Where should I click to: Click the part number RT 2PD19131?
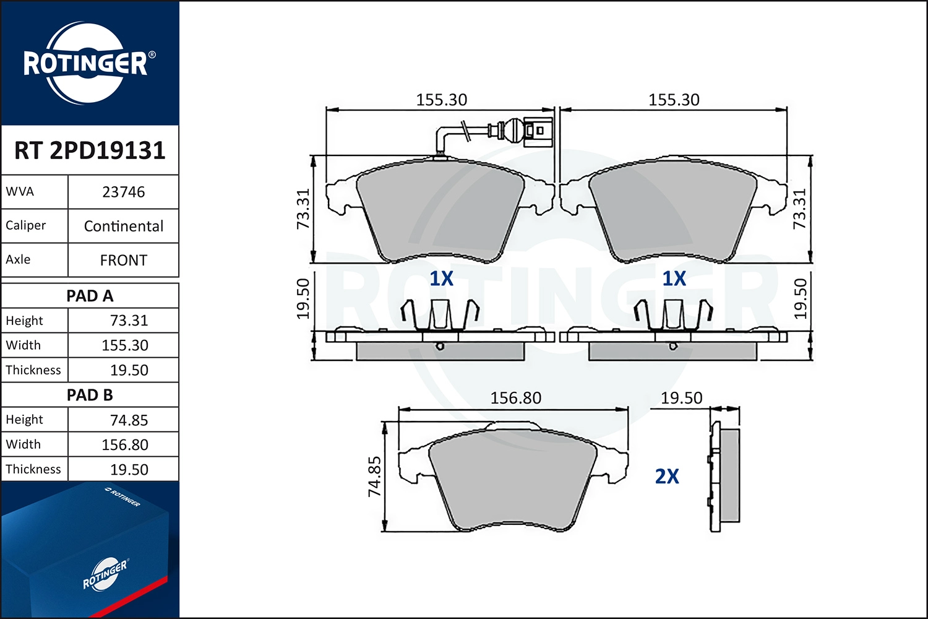(x=90, y=150)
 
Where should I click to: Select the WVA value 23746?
(x=124, y=192)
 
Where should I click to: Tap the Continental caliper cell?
(x=124, y=226)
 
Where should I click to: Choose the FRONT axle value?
(x=124, y=260)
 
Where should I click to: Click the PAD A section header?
(x=90, y=296)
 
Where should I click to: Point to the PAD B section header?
(x=90, y=395)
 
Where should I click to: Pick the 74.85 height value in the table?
(x=129, y=420)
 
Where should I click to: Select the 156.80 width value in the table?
(x=125, y=444)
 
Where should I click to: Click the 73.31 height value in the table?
(x=129, y=321)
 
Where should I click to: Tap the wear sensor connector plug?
(x=538, y=131)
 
